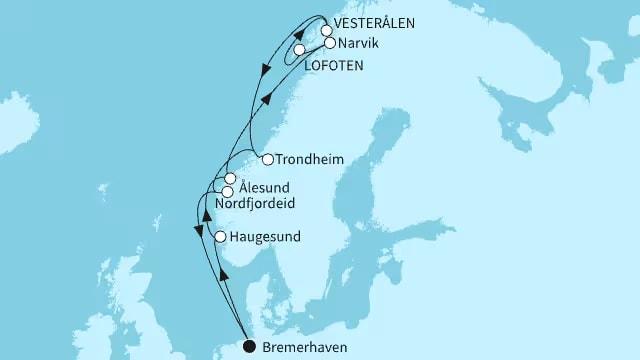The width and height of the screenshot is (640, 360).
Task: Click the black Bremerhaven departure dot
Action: (x=249, y=347)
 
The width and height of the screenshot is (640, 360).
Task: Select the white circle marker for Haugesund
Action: (x=220, y=237)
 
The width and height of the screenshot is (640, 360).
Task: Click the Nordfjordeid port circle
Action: (x=228, y=191)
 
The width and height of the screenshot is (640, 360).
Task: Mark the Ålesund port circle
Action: (x=230, y=179)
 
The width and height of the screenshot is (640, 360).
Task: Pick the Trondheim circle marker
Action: (x=267, y=158)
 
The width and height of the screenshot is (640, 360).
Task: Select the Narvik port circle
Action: (x=330, y=43)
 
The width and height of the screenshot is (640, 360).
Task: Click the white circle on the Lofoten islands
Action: (x=299, y=49)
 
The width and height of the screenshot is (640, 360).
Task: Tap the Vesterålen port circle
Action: (x=326, y=30)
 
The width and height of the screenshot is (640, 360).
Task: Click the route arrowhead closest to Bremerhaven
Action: (x=224, y=275)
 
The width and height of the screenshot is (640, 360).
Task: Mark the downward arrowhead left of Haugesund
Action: (x=196, y=232)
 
